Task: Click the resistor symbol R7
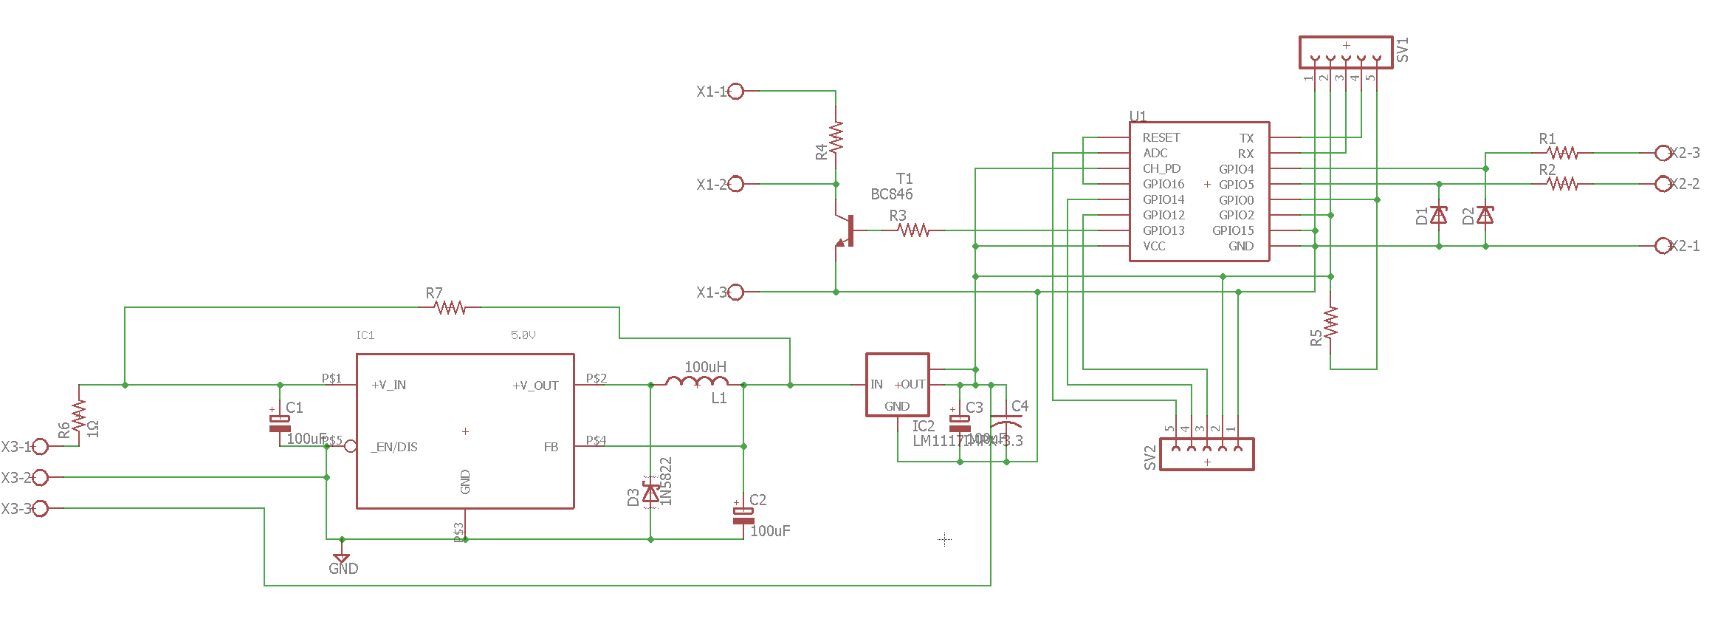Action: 450,307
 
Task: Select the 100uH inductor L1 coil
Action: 697,382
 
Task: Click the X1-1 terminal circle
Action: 736,92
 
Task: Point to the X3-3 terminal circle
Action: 41,508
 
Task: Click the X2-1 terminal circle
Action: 1663,246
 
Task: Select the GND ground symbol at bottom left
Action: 341,559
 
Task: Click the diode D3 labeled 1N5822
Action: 650,493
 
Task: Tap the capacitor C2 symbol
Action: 743,515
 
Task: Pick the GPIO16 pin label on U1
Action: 1163,184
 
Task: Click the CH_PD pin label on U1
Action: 1161,168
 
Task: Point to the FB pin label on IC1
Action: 551,447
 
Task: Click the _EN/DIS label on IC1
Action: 394,447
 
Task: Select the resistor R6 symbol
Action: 79,415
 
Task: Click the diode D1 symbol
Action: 1439,215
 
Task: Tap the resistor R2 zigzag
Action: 1563,184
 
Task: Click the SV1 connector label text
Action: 1403,49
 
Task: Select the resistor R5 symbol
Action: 1330,323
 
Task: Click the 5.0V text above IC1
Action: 523,335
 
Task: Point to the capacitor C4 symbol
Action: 1006,423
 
